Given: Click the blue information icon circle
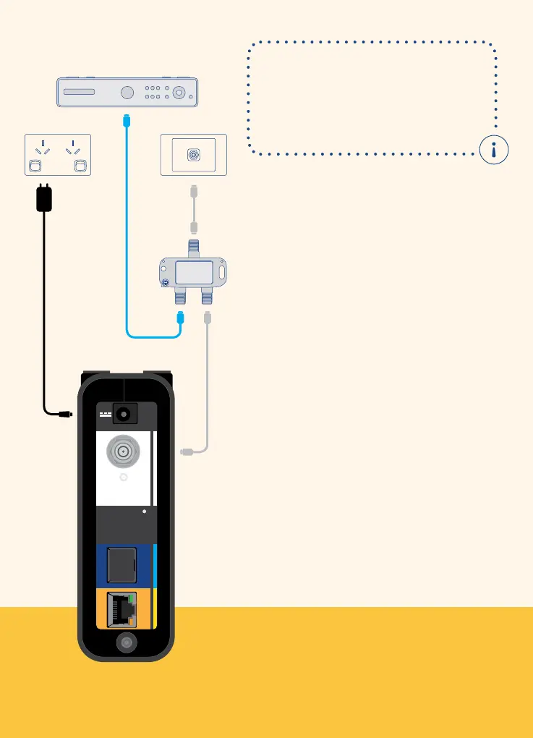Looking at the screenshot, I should coord(494,150).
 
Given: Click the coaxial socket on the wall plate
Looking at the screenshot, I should coord(193,154).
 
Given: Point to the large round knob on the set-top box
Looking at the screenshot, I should coord(127,93).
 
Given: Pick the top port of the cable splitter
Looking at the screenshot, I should coord(193,249).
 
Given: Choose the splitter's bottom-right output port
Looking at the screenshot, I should coord(208,297).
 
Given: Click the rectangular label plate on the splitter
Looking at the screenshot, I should coord(193,273).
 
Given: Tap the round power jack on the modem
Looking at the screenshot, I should coord(125,415).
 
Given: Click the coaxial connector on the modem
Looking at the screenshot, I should coord(124,453).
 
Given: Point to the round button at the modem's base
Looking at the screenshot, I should coord(126,642).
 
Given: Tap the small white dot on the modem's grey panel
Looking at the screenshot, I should coord(145,512).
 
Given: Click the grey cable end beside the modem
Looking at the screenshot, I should coord(187,452).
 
